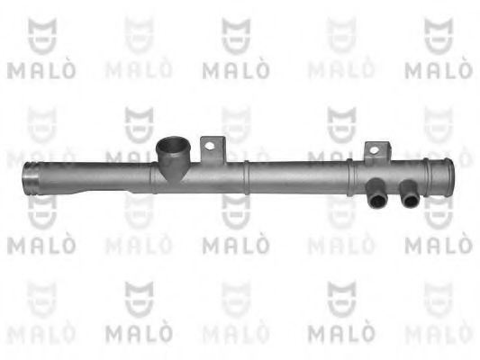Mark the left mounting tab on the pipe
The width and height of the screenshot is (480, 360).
[213, 148]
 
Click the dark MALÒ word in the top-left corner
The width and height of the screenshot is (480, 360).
[42, 68]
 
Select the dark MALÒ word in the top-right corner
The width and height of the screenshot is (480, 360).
[439, 68]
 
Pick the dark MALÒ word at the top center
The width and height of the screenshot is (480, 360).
[236, 68]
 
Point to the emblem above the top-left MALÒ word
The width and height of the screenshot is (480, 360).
[42, 35]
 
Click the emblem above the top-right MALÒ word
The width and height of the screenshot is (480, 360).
[438, 35]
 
